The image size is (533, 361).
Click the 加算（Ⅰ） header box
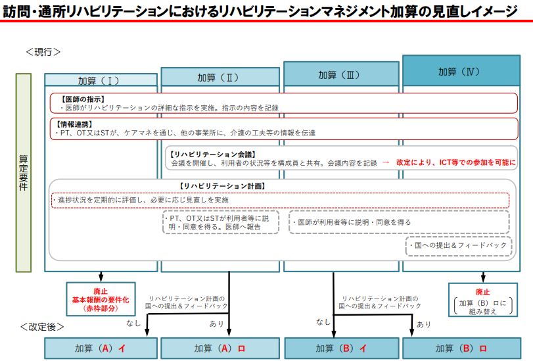101,80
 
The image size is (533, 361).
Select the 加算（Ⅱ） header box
220,76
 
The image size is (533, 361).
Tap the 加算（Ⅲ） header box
341,74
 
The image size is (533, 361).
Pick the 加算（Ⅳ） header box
461,70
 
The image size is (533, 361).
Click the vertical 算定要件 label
24,173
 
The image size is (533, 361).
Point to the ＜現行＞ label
43,52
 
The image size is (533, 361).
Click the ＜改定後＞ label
42,327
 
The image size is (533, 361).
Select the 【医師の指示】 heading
82,99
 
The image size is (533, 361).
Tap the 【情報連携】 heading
74,124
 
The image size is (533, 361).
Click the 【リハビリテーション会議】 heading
212,155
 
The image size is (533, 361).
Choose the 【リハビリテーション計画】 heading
222,186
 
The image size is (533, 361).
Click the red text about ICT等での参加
456,162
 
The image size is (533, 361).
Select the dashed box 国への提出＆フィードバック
459,246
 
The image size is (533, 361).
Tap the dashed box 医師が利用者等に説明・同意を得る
399,222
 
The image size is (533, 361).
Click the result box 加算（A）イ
101,349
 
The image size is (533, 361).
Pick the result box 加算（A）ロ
220,349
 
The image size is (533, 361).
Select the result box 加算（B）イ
342,349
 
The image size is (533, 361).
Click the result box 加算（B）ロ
461,349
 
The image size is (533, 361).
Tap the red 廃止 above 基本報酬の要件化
101,291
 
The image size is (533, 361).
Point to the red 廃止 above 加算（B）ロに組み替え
482,292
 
